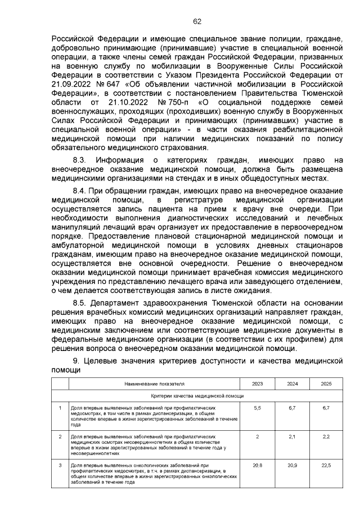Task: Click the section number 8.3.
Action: (82, 160)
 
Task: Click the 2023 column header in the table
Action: (257, 384)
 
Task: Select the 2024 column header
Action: (292, 384)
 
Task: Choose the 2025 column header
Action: (326, 384)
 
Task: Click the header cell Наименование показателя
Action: (154, 384)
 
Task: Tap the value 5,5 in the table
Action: (257, 407)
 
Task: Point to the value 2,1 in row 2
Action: (292, 436)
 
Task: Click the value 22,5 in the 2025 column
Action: (326, 465)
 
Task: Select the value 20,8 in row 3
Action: (257, 465)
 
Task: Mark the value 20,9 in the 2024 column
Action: (292, 465)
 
